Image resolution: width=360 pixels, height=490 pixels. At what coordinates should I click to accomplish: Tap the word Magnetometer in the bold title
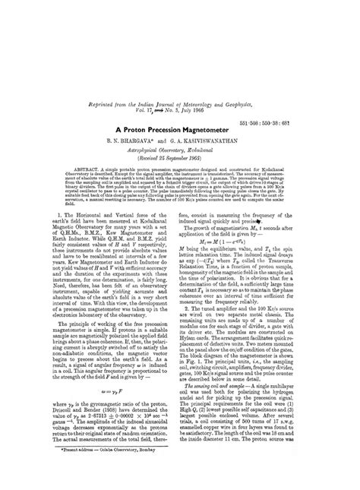[217, 129]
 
